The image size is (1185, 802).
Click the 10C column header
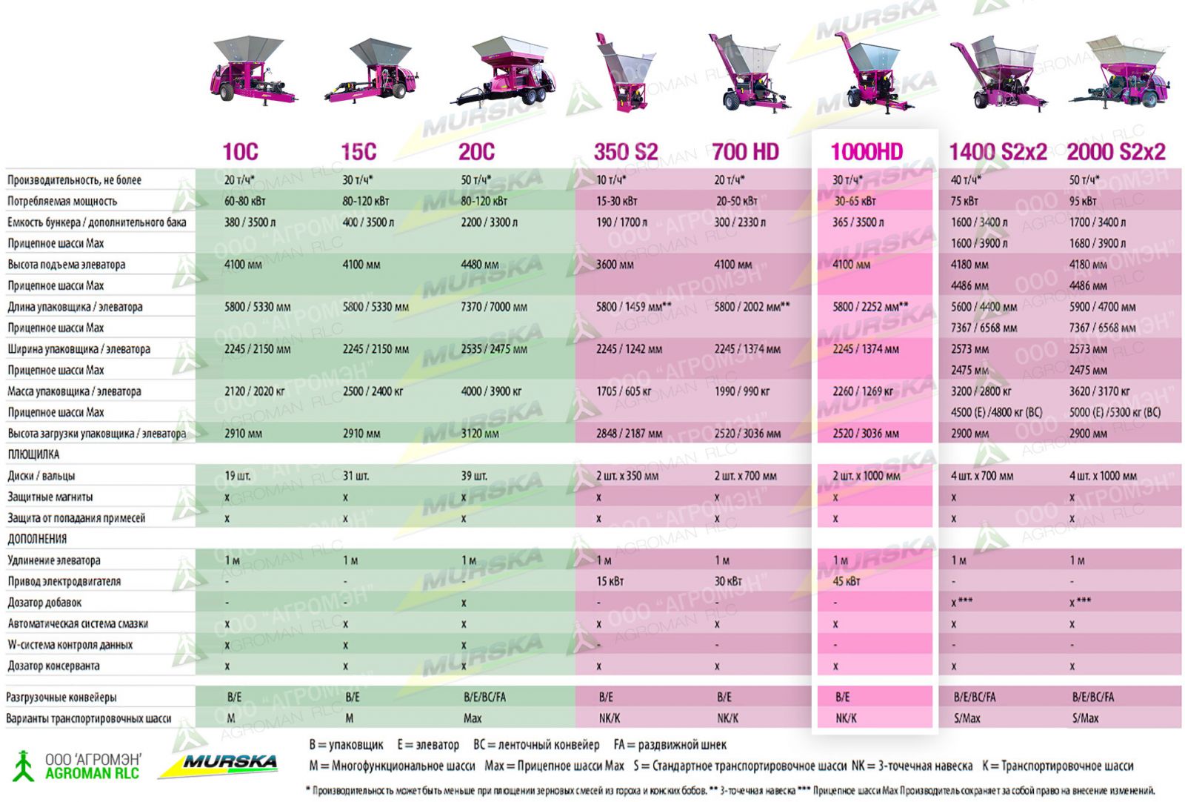[240, 152]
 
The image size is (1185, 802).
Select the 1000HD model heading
[867, 152]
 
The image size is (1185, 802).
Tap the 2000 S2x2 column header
[1115, 152]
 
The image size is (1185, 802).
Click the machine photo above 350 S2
[624, 74]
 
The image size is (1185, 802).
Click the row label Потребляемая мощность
[62, 201]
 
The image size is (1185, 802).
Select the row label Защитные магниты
[50, 497]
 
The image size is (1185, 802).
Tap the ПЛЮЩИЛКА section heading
[33, 454]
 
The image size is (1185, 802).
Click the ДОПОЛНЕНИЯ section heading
[37, 539]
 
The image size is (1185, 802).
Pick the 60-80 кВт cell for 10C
[245, 201]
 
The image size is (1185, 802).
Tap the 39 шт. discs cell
[474, 476]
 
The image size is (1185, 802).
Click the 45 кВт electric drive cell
[847, 581]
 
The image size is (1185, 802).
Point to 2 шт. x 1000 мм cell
[867, 476]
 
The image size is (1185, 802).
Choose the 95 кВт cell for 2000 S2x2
[1083, 201]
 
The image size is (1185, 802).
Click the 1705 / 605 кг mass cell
[624, 391]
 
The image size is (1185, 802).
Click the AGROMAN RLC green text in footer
[92, 774]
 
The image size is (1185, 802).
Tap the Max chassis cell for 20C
[473, 718]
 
